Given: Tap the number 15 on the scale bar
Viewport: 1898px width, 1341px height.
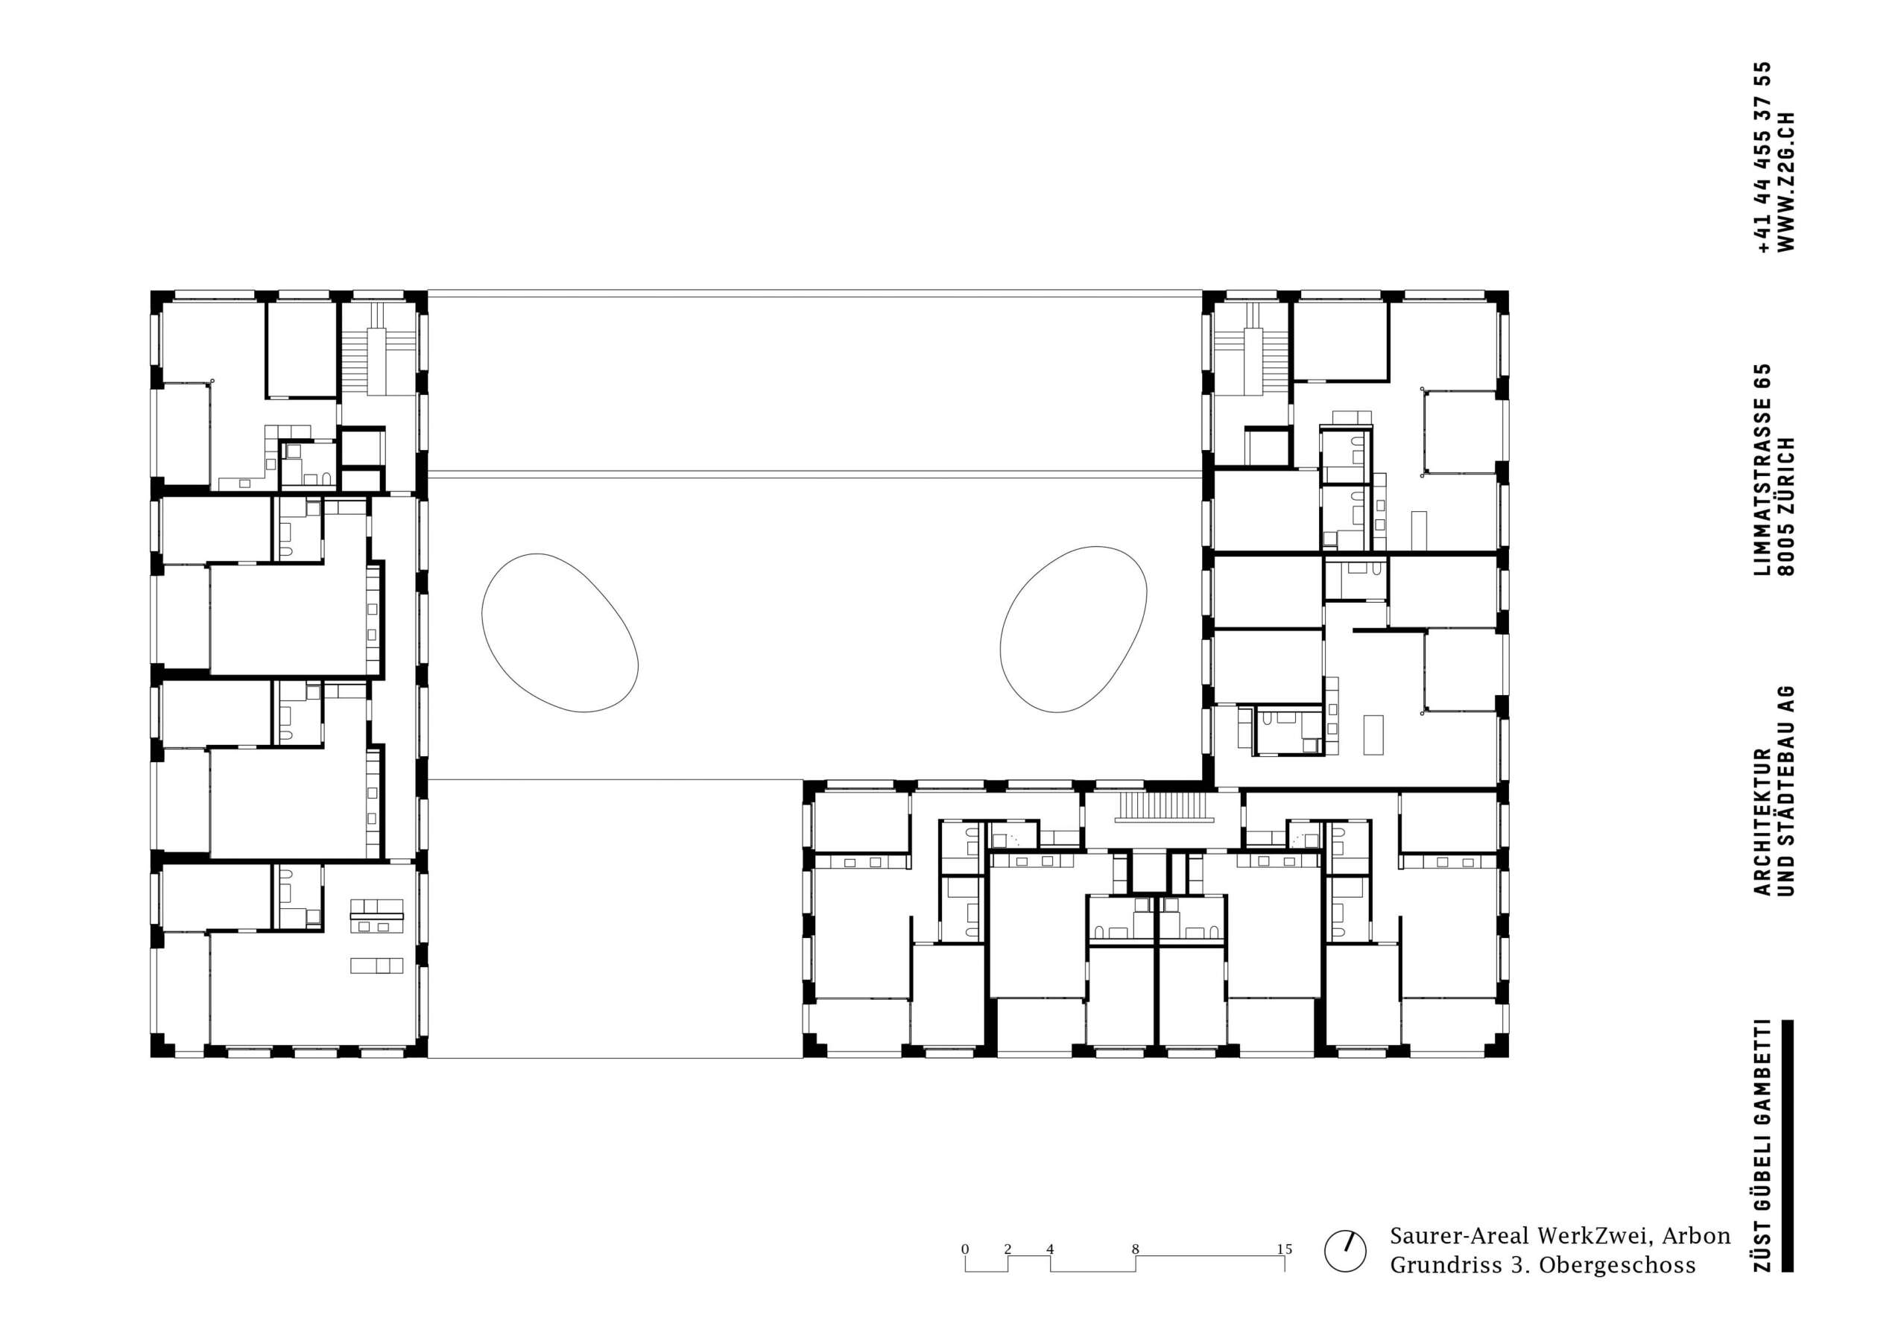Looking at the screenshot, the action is pyautogui.click(x=1284, y=1249).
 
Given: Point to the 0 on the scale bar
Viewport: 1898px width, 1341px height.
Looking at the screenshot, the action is pyautogui.click(x=965, y=1249).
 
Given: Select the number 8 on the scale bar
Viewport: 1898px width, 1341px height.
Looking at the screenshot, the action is pyautogui.click(x=1135, y=1249).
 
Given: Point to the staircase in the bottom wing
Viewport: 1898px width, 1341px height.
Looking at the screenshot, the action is pyautogui.click(x=1165, y=808).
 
